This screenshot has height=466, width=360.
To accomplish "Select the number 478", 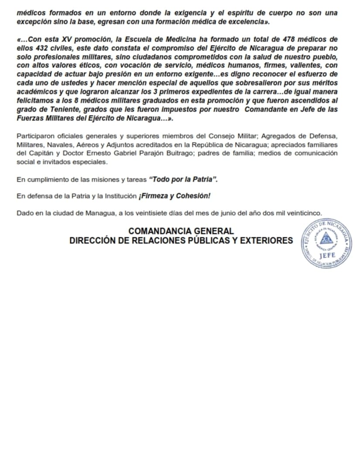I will pos(281,39).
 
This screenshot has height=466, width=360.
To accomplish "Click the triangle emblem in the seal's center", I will pos(327,238).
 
